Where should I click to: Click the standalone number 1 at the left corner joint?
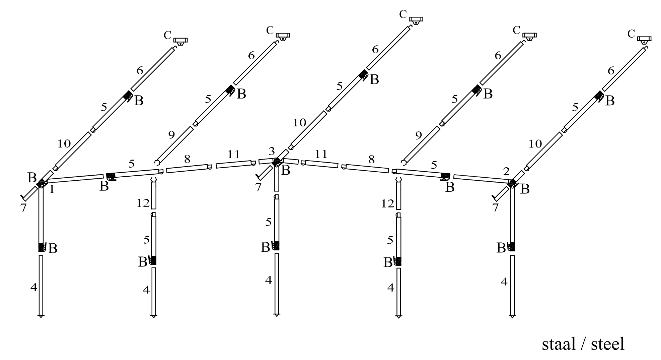[x=52, y=190]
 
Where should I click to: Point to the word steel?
[x=608, y=344]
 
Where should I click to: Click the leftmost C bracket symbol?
[x=180, y=41]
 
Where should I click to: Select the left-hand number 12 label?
[x=143, y=203]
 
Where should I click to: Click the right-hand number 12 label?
[x=388, y=203]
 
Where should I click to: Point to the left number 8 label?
[x=187, y=159]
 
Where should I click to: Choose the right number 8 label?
[x=371, y=160]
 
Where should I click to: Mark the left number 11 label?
[x=233, y=155]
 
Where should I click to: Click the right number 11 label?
[x=321, y=154]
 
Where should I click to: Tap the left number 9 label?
[x=171, y=135]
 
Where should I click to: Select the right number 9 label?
[x=419, y=135]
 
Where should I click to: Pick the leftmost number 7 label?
[x=23, y=208]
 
